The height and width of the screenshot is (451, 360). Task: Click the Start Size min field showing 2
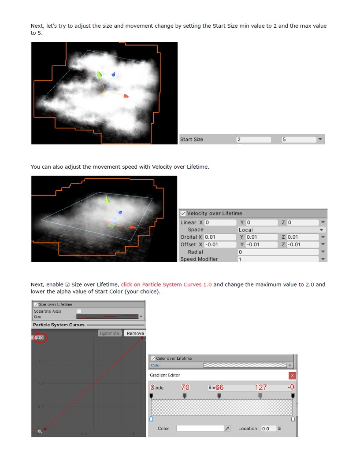(254, 140)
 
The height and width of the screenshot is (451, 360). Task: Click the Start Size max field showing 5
(299, 140)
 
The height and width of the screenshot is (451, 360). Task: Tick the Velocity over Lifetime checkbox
(183, 213)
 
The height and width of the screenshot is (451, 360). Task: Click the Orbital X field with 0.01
(220, 237)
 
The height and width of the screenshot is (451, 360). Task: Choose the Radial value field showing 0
(278, 252)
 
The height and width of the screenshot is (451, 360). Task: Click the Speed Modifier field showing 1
(278, 259)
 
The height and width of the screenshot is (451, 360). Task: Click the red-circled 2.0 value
(40, 338)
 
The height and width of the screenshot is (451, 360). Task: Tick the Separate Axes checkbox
(79, 311)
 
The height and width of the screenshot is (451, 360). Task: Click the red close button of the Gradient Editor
(292, 375)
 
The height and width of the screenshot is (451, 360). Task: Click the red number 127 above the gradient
(260, 387)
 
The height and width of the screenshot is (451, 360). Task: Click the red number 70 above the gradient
(185, 387)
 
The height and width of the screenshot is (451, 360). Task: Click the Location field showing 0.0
(268, 428)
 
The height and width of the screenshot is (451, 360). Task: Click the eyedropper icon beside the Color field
(227, 428)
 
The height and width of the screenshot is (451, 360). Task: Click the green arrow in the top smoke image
(100, 75)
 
